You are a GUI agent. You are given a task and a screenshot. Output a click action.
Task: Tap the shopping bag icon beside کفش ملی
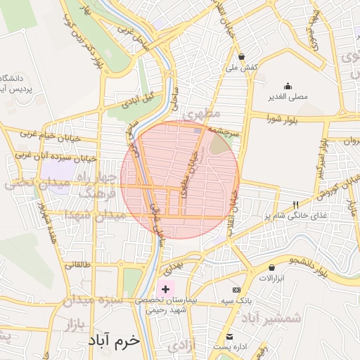click(242, 57)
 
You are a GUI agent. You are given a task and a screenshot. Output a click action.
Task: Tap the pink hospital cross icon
click(166, 288)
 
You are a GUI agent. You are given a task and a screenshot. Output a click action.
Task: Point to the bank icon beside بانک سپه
click(236, 290)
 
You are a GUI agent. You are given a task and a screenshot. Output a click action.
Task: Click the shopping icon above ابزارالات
click(272, 267)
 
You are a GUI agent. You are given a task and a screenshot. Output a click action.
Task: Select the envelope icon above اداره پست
click(229, 335)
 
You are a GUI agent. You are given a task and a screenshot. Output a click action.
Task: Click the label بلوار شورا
click(283, 119)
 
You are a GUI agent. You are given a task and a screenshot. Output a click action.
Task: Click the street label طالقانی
click(77, 265)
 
